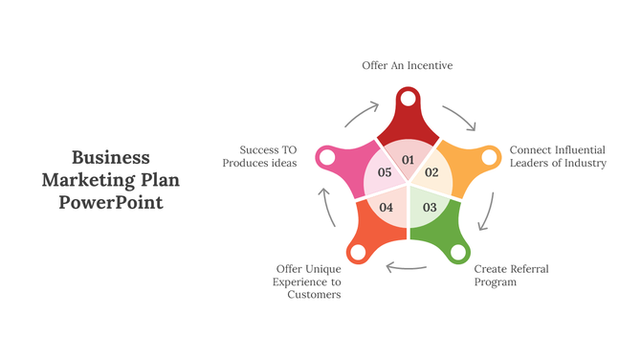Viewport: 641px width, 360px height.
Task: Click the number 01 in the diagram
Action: (x=408, y=159)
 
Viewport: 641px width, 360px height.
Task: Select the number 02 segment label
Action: (x=431, y=172)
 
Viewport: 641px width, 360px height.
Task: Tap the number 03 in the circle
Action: (x=430, y=207)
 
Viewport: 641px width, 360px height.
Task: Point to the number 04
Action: (x=387, y=207)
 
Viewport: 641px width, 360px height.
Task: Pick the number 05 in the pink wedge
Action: (x=385, y=172)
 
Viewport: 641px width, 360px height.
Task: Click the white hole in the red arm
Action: (x=408, y=99)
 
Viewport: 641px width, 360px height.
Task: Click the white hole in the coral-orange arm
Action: (x=357, y=253)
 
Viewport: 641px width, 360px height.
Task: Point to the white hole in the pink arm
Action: (x=325, y=156)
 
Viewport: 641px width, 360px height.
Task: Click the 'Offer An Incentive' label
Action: (x=407, y=65)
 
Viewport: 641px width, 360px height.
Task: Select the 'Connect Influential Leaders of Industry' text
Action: (x=558, y=156)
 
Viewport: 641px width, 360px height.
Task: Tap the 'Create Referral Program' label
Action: (x=511, y=276)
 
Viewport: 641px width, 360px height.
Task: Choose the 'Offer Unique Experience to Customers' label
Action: (x=308, y=281)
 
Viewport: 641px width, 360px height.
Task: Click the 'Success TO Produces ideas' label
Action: (x=268, y=156)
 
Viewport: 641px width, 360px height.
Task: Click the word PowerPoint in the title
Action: (x=111, y=202)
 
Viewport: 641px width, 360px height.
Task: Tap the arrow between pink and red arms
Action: (x=360, y=114)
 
